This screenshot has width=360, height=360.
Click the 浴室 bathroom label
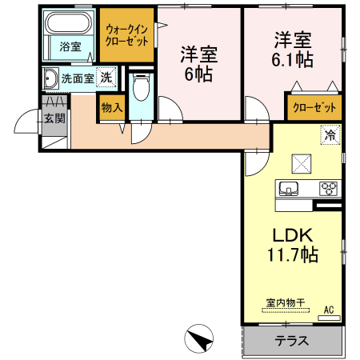(70, 46)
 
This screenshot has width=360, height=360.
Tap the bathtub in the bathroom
(69, 24)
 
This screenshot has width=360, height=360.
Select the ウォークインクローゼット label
(126, 34)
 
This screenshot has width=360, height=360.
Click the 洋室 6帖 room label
(198, 64)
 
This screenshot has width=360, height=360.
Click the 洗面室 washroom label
(78, 78)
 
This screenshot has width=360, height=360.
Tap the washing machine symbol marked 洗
(106, 78)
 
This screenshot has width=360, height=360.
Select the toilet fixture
(142, 86)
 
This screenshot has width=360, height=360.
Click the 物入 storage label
(112, 107)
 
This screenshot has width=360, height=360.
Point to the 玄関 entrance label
(54, 118)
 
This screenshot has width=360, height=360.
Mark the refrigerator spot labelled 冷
(330, 135)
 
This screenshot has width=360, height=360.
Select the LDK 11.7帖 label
(293, 246)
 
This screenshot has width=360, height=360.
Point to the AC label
(330, 309)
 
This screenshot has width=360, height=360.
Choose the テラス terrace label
(292, 340)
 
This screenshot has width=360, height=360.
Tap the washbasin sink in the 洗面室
(50, 78)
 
